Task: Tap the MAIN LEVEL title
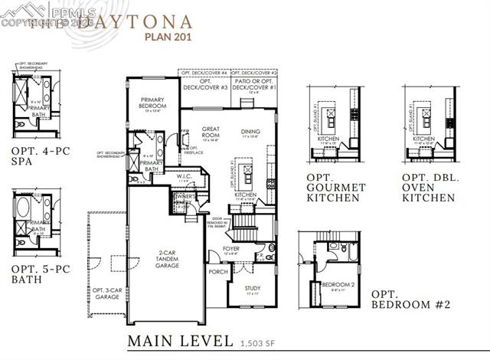[x=181, y=339]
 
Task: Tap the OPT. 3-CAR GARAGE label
[x=107, y=294]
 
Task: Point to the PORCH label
[x=217, y=271]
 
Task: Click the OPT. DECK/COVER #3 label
[x=214, y=84]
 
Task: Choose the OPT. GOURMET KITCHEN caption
[x=335, y=191]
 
